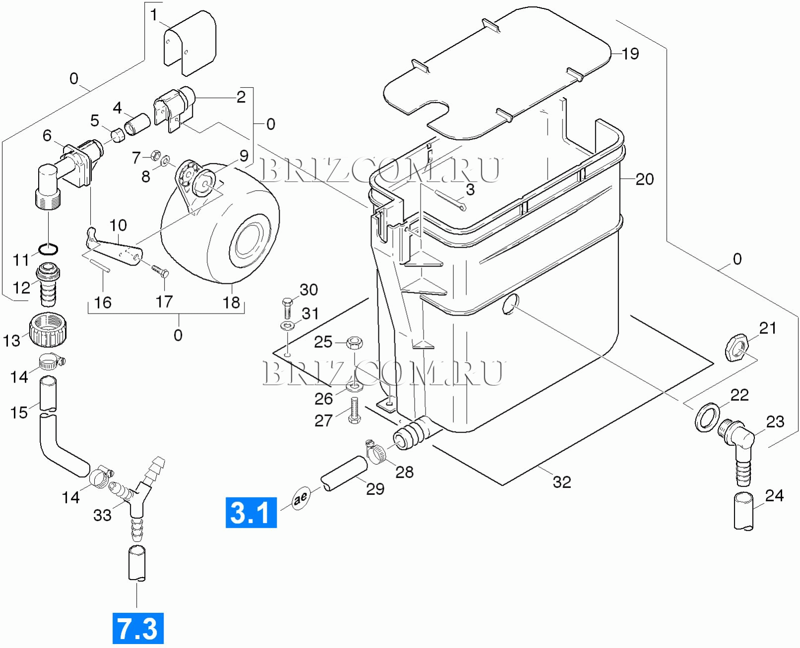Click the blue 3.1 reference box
(x=251, y=512)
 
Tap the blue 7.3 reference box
(x=138, y=628)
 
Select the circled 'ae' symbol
(x=301, y=497)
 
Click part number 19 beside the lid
(x=630, y=54)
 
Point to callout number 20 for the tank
(x=644, y=179)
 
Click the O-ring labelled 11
(x=48, y=249)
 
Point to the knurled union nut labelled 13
(x=48, y=330)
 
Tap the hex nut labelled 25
(x=354, y=342)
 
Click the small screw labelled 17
(x=159, y=271)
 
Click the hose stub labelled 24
(x=743, y=511)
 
